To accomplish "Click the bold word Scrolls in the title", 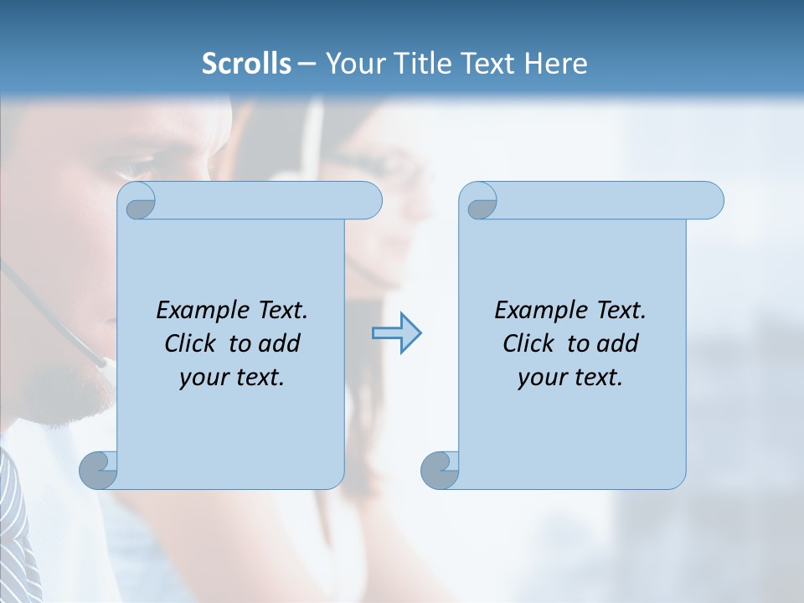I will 246,64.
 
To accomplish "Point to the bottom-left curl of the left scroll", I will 99,470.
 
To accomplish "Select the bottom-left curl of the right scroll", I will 440,470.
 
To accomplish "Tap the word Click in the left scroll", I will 189,343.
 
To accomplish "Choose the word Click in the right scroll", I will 528,343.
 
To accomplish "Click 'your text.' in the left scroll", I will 232,378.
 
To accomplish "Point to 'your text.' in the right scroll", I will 570,378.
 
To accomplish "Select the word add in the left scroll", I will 281,343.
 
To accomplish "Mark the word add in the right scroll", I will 619,343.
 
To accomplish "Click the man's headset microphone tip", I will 103,363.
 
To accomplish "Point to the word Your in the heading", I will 353,64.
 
